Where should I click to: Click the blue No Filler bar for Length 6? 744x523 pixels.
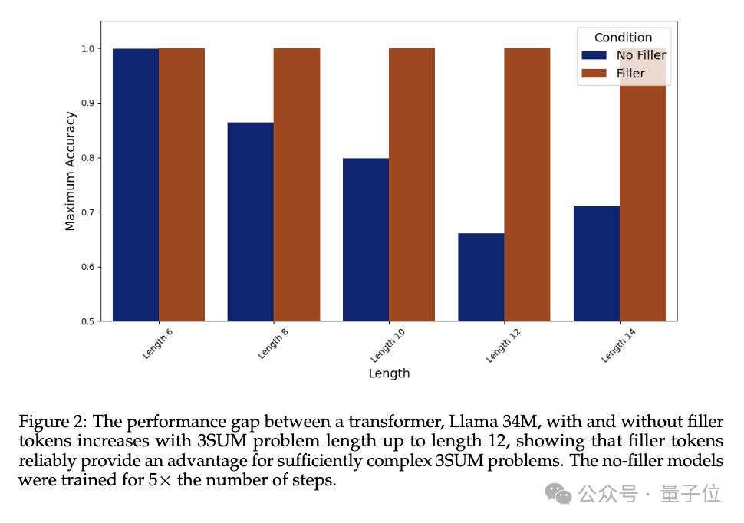pos(136,184)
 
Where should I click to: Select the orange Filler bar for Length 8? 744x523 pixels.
pos(296,184)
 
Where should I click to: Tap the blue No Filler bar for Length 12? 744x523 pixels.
pos(481,277)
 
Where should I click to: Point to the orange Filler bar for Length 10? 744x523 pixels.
pos(411,184)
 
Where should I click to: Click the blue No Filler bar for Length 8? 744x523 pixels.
pos(250,222)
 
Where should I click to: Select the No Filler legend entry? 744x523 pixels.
pos(640,55)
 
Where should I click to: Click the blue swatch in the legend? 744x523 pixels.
pos(594,55)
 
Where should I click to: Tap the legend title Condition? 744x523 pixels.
pos(623,37)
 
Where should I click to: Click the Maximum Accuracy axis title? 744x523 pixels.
pos(71,171)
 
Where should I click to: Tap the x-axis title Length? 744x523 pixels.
pos(389,373)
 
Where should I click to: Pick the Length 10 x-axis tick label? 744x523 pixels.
pos(387,344)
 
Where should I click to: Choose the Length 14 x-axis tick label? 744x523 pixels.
pos(618,344)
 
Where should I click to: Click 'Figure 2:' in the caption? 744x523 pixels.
pos(51,423)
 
